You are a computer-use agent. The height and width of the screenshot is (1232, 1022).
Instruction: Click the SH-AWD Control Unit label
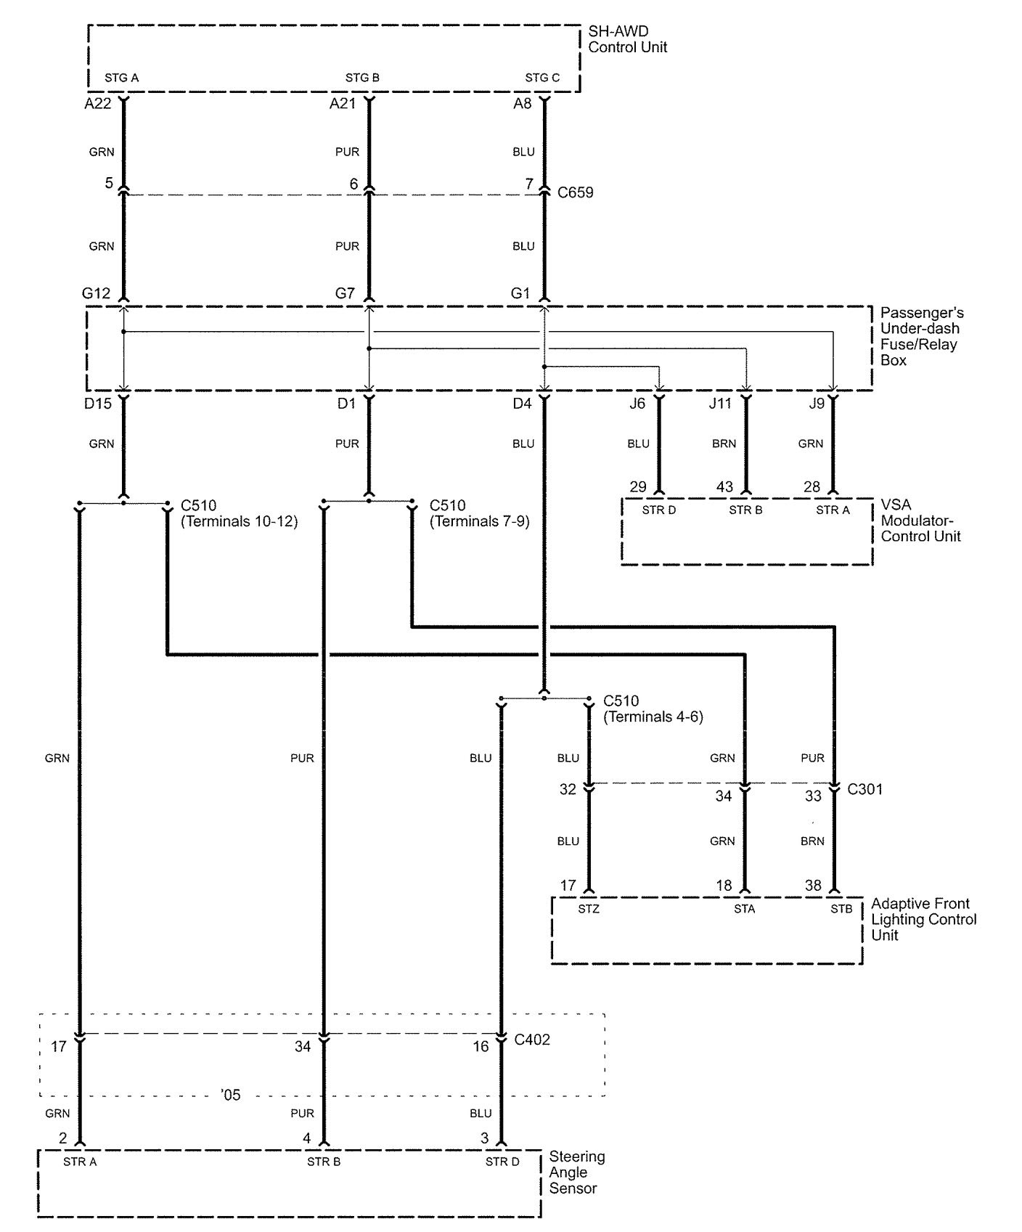pos(628,39)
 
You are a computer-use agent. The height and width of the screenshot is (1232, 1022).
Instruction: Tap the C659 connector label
pos(576,192)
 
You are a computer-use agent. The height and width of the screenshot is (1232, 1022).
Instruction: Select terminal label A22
pos(98,103)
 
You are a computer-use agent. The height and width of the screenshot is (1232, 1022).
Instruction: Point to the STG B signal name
pos(362,78)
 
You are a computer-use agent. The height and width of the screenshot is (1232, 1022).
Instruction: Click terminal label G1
pos(520,293)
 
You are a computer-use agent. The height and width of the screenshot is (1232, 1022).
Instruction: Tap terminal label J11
pos(720,403)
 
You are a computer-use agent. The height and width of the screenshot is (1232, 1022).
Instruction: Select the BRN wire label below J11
pos(724,444)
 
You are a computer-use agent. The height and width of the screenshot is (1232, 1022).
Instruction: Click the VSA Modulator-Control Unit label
pos(920,521)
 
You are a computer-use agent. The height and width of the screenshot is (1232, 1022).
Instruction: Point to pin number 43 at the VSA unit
pos(724,486)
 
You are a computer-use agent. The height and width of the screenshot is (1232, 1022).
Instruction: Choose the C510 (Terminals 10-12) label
pos(239,513)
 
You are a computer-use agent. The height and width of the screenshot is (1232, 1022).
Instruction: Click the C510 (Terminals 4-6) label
pos(653,709)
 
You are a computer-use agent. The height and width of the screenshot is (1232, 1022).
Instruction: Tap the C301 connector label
pos(865,789)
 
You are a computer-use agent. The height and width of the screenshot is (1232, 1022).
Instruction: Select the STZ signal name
pos(589,909)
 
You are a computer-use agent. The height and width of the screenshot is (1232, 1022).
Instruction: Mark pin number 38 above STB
pos(813,886)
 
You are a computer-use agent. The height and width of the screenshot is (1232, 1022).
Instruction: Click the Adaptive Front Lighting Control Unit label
pos(924,919)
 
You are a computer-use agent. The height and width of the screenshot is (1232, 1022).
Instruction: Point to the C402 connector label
pos(532,1040)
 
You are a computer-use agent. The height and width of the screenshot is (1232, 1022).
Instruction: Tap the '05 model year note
pos(230,1095)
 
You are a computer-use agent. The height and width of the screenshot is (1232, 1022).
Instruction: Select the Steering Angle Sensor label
pos(577,1172)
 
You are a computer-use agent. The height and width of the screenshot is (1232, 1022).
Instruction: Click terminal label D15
pos(98,403)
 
